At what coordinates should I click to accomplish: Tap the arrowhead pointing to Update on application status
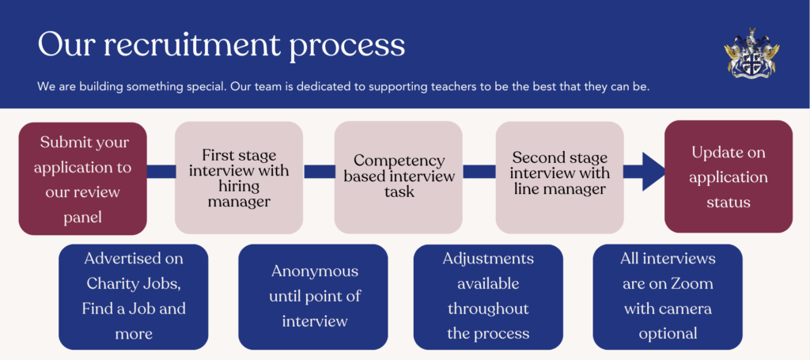653,172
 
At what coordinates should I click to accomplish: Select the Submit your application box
82,179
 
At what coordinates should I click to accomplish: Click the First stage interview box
239,178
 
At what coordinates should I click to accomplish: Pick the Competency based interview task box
399,178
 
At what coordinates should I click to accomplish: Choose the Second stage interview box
559,178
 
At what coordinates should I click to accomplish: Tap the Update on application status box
729,176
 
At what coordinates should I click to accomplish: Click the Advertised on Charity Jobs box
133,297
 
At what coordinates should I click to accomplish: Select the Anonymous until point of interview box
313,297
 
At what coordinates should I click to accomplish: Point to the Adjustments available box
488,297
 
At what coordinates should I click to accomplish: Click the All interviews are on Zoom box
668,297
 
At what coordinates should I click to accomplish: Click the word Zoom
691,283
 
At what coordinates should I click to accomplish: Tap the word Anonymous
315,271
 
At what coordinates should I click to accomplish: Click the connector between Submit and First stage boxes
161,172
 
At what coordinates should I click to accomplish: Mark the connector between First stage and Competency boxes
320,172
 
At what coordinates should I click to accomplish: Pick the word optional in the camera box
668,334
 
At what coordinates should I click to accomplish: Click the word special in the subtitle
206,87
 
